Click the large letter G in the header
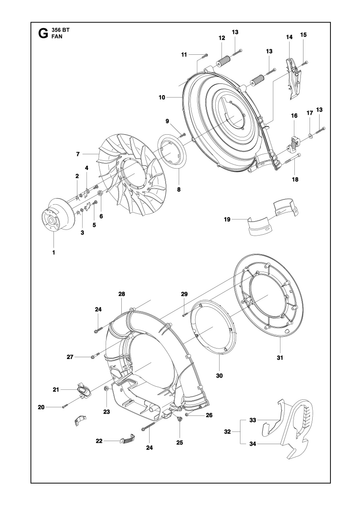point(43,33)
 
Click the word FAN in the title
point(57,37)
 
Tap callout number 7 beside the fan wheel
point(78,154)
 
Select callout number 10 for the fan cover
point(162,97)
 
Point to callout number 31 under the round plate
point(280,358)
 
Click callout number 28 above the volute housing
point(121,294)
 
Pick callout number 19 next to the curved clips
point(227,219)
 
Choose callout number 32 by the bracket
point(227,432)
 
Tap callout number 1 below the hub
point(54,252)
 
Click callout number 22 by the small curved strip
point(99,441)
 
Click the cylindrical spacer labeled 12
point(222,62)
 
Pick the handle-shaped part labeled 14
point(293,78)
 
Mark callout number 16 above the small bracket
point(294,116)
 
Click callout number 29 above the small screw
point(184,294)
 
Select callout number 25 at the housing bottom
point(180,442)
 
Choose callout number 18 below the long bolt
point(295,179)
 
